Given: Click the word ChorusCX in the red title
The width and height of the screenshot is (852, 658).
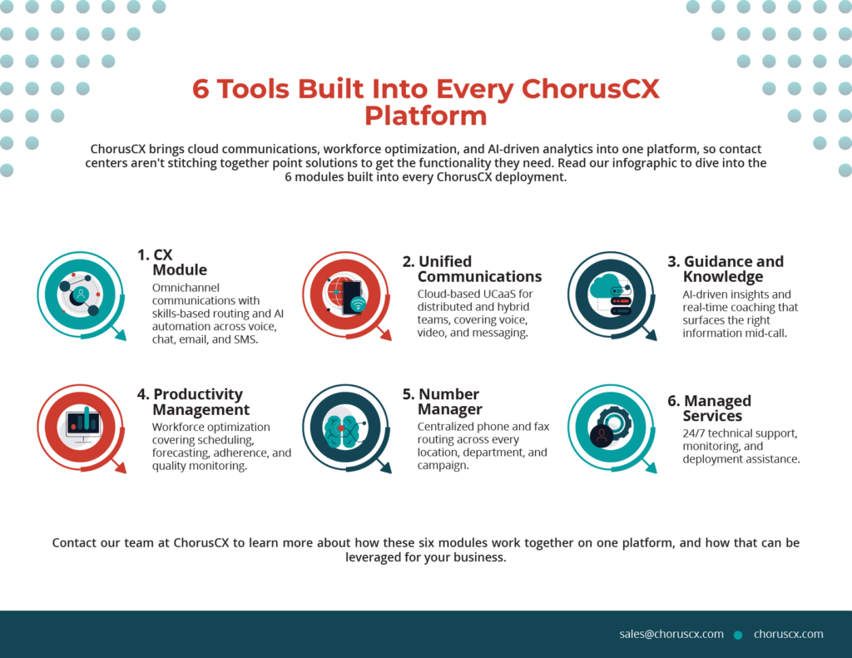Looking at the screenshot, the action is tap(591, 88).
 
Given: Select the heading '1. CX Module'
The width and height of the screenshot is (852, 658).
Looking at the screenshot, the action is tap(172, 262).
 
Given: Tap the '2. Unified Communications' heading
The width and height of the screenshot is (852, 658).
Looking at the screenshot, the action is tap(473, 269).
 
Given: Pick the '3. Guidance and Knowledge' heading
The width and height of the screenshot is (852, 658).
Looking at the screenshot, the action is tap(726, 269).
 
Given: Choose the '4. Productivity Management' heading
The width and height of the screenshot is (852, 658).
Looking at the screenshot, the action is tap(193, 402).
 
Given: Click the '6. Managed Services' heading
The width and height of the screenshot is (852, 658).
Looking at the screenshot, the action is tap(710, 408).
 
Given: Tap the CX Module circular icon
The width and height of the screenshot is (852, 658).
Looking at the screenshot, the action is tap(81, 295).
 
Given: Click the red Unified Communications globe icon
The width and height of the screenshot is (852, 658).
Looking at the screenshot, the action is tap(346, 295).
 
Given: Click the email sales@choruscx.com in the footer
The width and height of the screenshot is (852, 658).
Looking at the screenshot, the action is tap(671, 634).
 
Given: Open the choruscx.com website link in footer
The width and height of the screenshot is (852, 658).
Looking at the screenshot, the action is tap(789, 634).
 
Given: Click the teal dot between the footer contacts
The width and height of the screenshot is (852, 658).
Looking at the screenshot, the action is tap(738, 635).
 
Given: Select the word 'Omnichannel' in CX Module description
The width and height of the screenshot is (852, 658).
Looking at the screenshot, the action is tap(186, 288).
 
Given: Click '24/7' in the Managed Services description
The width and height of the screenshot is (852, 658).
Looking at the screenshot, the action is tap(694, 433).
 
